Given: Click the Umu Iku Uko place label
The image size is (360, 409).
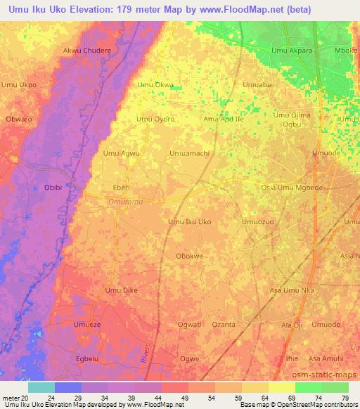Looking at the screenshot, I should point(189,222).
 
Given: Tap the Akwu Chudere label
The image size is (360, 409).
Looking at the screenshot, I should point(88,51).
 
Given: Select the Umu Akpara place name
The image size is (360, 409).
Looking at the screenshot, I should point(292,51).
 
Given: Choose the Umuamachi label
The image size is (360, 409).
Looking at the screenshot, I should point(189,153).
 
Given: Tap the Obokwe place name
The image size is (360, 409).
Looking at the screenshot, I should point(189,257).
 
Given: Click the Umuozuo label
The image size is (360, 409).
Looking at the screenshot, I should point(257,222).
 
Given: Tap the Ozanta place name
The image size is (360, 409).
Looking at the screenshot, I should point(224,325).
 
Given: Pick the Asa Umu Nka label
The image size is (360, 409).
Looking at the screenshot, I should point(292,290).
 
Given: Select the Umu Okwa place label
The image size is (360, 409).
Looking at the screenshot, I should point(155,85).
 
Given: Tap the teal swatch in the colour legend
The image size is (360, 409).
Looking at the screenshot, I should point(41,387).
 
